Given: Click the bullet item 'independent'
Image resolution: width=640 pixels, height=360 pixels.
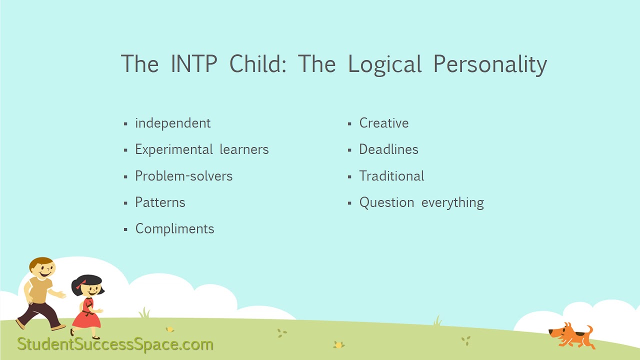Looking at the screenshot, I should point(172,123).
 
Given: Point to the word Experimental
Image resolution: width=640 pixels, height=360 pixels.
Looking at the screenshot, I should point(173,149).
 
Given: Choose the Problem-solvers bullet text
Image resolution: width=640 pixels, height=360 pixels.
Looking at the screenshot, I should point(183,176).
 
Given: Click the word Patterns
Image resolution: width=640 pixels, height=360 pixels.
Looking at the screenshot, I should point(160,202).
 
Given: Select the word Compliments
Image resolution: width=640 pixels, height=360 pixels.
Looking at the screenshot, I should point(174,229).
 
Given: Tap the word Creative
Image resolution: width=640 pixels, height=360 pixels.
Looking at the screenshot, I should point(383,123).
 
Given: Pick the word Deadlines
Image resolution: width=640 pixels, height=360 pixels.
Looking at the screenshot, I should point(388,149).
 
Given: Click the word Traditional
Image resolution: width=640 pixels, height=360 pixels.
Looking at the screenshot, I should point(391,176).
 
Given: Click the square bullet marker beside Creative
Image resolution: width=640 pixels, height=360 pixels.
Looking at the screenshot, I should point(350,123).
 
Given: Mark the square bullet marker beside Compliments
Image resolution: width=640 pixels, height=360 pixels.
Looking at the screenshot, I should point(126,229).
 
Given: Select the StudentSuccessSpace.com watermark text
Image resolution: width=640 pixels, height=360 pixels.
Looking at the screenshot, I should point(115,344).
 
